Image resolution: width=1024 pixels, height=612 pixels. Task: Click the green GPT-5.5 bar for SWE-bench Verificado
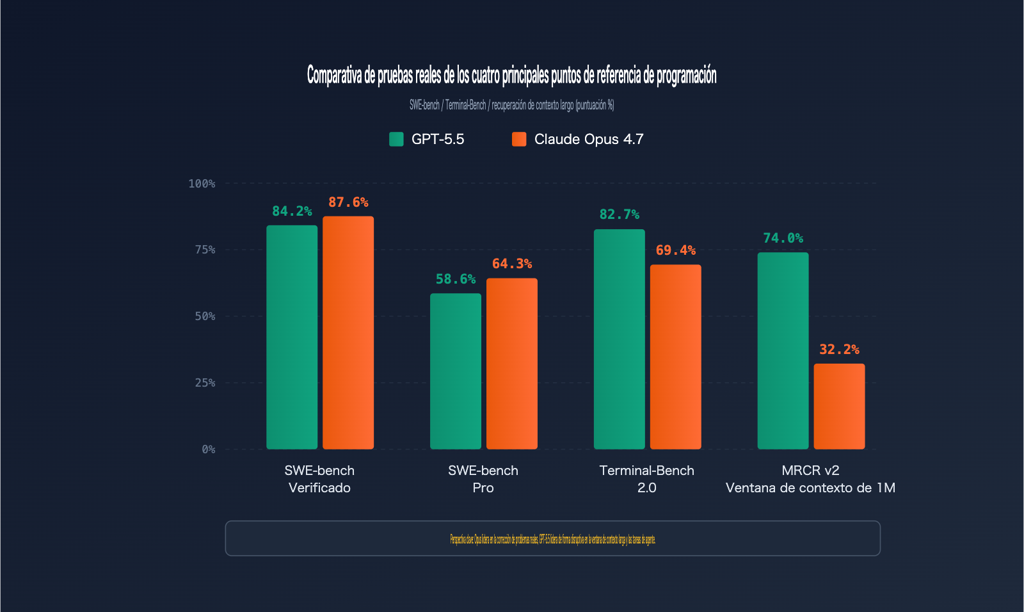coord(292,337)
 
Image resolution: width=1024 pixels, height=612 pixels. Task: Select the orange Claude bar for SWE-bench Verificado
coord(348,332)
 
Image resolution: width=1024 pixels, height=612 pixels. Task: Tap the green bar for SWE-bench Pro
coord(456,371)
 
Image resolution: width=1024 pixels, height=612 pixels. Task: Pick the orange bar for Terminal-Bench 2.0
coord(675,357)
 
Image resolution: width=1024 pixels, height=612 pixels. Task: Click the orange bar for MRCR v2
coord(839,406)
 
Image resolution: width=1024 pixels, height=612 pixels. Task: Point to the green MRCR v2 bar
coord(783,350)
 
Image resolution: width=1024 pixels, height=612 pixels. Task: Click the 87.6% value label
coord(348,202)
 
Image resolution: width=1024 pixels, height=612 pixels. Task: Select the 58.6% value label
coord(456,279)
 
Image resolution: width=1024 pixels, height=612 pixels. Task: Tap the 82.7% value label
coord(619,214)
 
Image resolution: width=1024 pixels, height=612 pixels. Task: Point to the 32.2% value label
coord(839,350)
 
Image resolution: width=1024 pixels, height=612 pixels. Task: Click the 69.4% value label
coord(675,250)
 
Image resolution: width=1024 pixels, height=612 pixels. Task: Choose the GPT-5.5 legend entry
coord(427,139)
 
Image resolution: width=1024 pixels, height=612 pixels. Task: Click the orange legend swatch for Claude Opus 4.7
coord(519,139)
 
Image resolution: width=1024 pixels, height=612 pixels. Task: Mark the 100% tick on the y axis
coord(202,184)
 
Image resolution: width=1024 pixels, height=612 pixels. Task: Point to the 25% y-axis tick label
coord(205,383)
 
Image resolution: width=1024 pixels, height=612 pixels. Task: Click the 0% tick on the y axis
coord(208,449)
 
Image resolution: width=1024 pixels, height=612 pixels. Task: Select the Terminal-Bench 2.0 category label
coord(646,479)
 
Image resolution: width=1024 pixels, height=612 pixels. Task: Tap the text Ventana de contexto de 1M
coord(810,488)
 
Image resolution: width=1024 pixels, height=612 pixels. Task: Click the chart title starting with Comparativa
coord(511,75)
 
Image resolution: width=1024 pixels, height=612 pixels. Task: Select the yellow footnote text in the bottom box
coord(552,539)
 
